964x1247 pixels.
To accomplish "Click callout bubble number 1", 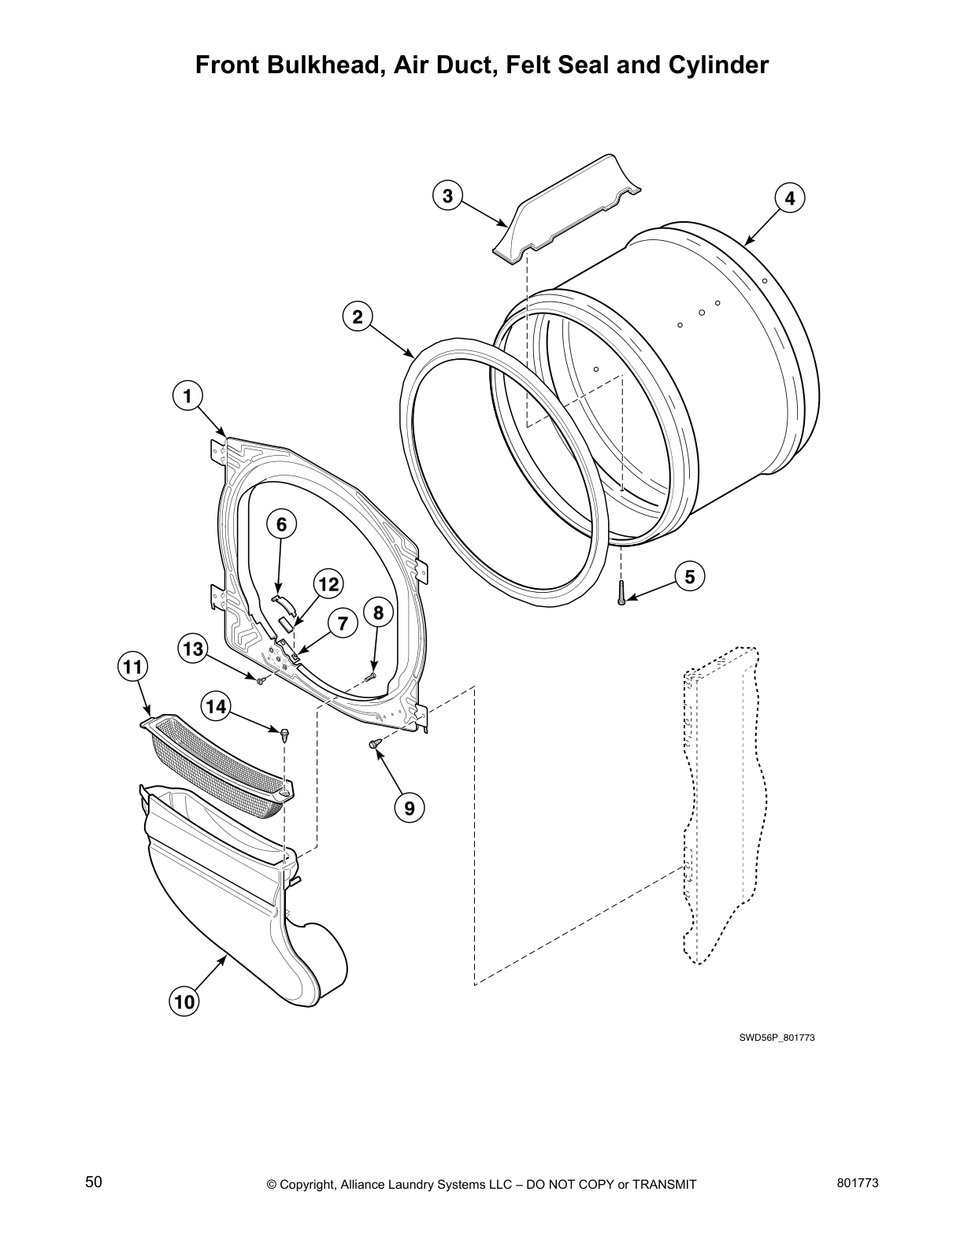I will (x=187, y=396).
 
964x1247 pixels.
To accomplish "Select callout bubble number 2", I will (x=358, y=316).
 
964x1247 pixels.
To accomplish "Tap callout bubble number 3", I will (x=447, y=195).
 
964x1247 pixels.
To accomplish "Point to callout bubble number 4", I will (x=790, y=198).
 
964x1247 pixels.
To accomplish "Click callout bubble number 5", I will (x=689, y=577).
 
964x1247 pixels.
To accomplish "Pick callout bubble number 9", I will (x=409, y=807).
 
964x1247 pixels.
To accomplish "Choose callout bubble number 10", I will (x=184, y=1002).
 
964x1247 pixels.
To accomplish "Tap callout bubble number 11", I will (x=132, y=667).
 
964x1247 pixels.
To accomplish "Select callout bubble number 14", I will (x=215, y=706).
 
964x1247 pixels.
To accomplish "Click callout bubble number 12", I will (x=328, y=584).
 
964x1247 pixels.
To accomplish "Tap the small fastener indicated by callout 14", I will (x=283, y=734).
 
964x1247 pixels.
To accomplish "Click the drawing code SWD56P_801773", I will (x=776, y=1038).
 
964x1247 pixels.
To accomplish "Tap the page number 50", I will (x=94, y=1182).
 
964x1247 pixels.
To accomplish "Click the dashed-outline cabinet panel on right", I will (x=721, y=803).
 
